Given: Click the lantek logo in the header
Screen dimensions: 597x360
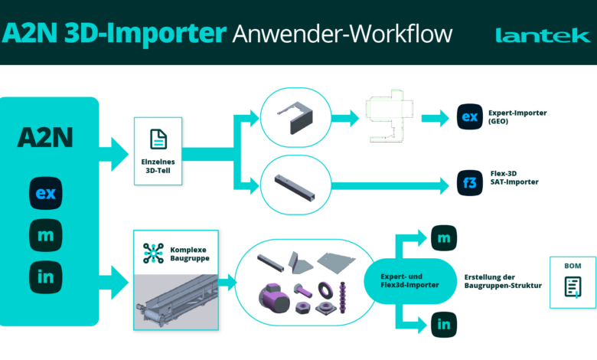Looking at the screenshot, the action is [543, 35].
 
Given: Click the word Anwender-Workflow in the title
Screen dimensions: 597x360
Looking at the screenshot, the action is [342, 34].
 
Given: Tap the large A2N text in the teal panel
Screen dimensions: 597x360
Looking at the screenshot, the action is [45, 138].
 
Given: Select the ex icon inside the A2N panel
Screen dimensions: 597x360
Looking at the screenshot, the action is [46, 193].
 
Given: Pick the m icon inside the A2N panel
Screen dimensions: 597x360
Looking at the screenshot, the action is [46, 235].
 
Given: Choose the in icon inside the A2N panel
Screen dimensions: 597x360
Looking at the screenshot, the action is [46, 277].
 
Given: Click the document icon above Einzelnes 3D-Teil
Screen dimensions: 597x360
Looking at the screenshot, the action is [158, 139].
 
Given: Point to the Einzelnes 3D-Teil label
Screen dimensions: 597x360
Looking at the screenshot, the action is [158, 166].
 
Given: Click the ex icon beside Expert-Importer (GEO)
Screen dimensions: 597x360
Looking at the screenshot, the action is [470, 116].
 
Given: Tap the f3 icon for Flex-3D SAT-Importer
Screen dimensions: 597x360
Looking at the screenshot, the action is [470, 183].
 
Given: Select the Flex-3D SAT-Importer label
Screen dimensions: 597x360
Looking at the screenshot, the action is [514, 178].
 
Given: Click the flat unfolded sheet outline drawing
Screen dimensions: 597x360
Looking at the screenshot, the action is [389, 116].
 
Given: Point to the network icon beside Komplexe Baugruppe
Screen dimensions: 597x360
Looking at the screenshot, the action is [153, 254].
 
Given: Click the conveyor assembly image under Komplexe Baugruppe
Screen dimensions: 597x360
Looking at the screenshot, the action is [176, 302].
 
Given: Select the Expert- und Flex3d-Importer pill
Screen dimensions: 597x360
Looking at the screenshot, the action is [410, 281].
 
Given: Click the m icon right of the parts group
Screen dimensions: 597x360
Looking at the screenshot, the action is [444, 238].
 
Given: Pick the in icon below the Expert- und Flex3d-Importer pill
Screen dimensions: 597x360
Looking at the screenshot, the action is [444, 325].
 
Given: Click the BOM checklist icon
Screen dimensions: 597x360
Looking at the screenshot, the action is [573, 287].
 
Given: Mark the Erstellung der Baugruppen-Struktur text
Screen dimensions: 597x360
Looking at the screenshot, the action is [503, 281].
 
